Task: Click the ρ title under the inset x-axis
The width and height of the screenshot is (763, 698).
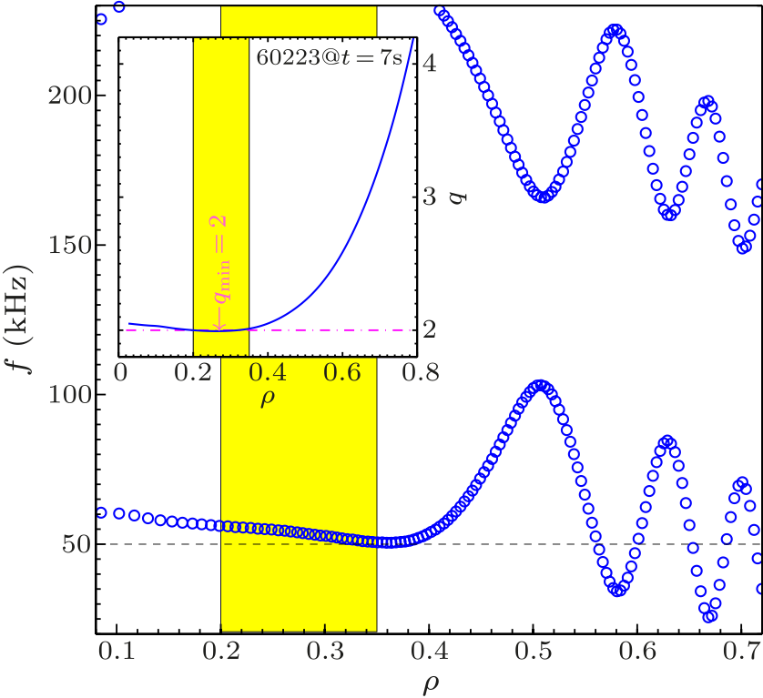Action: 268,397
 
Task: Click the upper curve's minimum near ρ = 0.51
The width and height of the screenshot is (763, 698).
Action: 544,197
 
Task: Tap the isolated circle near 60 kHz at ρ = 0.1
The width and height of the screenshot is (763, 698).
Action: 119,513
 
